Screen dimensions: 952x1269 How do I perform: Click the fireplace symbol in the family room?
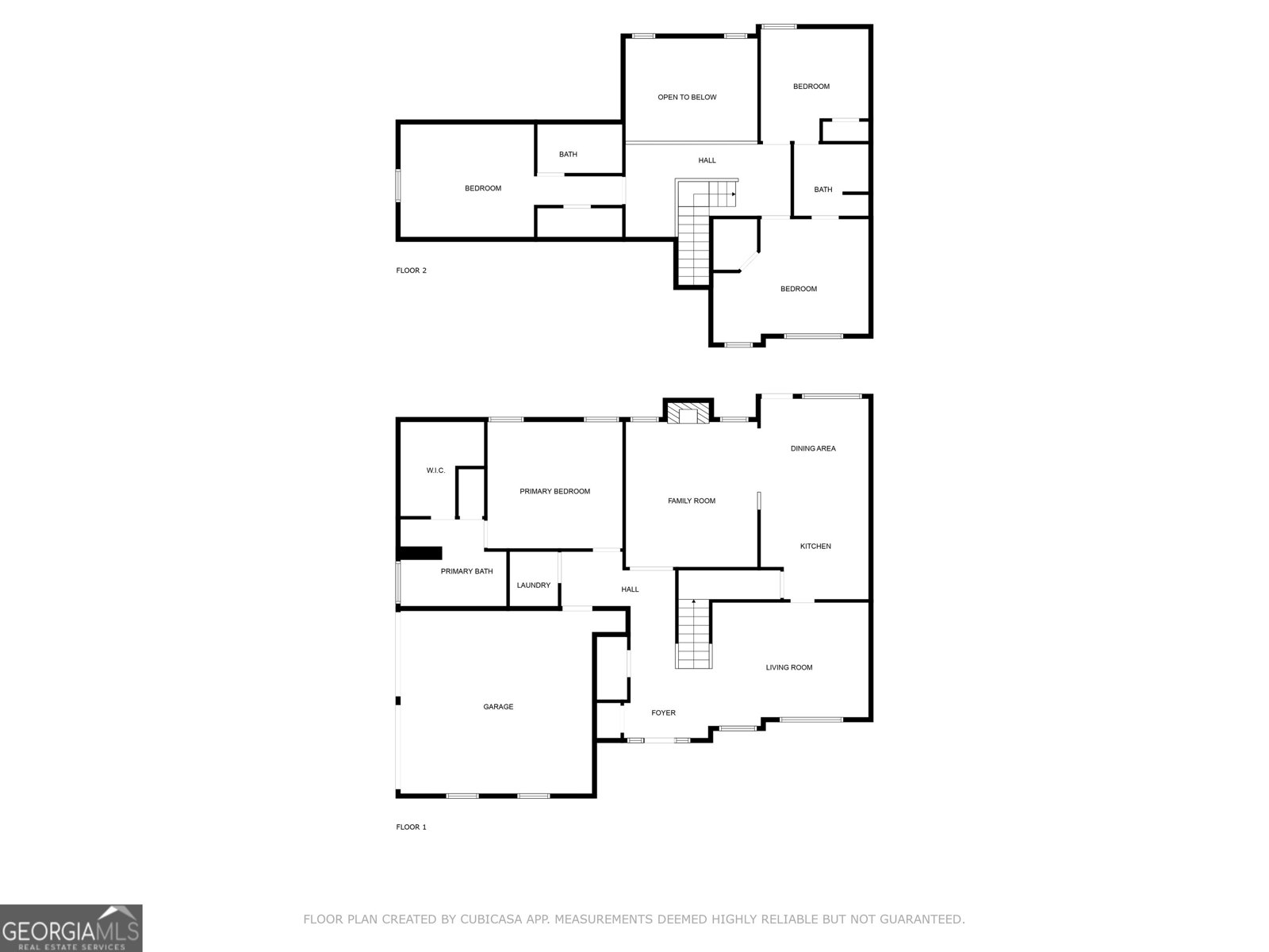point(687,414)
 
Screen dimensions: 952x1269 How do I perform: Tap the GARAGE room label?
point(498,707)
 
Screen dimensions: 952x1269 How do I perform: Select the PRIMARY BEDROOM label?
point(554,492)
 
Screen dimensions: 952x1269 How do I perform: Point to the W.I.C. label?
point(435,470)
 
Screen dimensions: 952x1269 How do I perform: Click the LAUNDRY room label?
point(533,585)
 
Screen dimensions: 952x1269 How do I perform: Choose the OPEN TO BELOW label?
point(687,98)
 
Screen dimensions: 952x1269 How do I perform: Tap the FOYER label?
point(663,713)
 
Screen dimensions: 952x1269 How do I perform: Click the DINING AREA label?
point(812,449)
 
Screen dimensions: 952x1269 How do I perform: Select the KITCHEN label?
point(815,547)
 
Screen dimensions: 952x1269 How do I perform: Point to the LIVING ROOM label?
point(788,668)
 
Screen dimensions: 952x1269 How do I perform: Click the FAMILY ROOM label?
point(692,501)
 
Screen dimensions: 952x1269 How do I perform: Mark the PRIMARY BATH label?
point(466,572)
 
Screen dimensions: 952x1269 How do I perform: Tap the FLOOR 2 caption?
point(411,271)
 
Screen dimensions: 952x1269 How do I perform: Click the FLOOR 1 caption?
point(411,827)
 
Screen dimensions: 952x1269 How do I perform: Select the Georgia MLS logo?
point(71,928)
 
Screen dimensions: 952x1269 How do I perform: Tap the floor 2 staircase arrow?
point(733,194)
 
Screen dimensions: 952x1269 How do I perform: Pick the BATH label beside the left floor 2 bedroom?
point(568,155)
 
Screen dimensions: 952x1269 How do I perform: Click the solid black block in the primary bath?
point(420,553)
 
